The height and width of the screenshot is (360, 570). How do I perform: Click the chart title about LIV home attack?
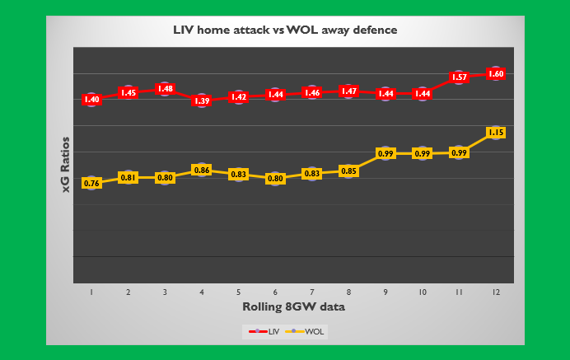(x=284, y=30)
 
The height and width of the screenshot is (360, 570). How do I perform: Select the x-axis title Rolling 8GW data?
(x=293, y=306)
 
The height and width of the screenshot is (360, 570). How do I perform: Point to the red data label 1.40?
(x=91, y=99)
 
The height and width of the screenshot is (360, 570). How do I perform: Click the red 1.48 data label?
(x=165, y=88)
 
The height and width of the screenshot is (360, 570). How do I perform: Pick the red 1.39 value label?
(x=201, y=101)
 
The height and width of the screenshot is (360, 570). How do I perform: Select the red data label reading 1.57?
(x=459, y=77)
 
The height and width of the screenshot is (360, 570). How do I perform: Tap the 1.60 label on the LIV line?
(x=495, y=73)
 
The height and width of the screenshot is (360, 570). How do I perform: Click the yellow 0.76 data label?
(x=91, y=183)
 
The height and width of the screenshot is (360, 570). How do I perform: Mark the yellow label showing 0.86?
(x=201, y=170)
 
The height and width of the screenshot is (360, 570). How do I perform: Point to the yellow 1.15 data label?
(x=495, y=132)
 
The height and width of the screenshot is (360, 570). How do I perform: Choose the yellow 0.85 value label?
(x=348, y=171)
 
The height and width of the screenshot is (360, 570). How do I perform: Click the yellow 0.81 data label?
(x=128, y=177)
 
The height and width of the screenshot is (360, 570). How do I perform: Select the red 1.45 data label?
(x=128, y=92)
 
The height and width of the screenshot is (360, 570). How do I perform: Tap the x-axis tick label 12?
(x=495, y=292)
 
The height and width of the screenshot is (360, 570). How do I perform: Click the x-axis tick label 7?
(x=311, y=292)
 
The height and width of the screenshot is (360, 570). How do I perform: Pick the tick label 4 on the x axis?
(x=201, y=292)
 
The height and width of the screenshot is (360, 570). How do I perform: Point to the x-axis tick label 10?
(x=422, y=292)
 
